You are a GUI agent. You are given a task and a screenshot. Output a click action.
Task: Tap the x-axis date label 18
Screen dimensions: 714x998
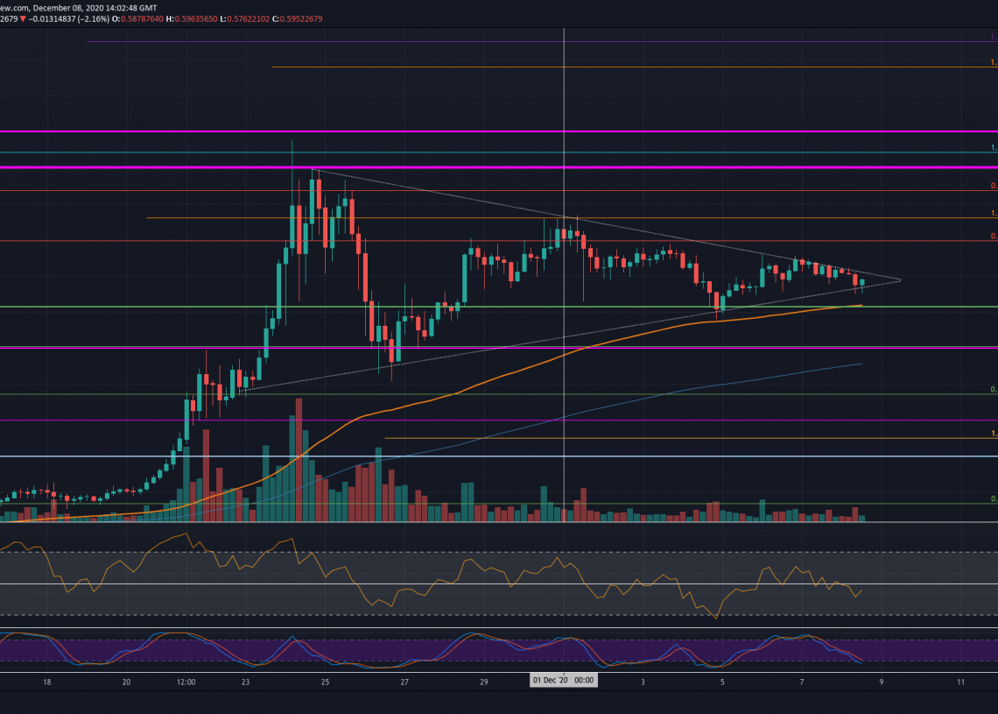[x=47, y=682]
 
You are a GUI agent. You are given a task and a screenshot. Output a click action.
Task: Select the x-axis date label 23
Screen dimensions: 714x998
[x=246, y=682]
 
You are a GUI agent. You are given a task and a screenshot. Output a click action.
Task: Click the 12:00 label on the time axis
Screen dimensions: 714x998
[x=186, y=682]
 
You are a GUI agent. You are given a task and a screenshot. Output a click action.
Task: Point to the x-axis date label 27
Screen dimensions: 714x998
[x=404, y=682]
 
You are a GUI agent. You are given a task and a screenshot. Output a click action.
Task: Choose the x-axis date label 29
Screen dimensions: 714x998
[x=484, y=682]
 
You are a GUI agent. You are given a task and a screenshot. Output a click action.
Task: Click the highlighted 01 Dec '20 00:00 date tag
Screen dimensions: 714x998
[x=564, y=681]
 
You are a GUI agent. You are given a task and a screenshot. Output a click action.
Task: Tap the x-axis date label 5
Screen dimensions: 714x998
[x=722, y=682]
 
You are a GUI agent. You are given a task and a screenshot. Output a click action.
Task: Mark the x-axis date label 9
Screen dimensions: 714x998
[x=882, y=682]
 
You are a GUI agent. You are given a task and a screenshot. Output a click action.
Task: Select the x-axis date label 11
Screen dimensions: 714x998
[x=961, y=682]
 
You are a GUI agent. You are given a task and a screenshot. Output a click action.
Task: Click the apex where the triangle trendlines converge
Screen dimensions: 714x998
[x=901, y=280]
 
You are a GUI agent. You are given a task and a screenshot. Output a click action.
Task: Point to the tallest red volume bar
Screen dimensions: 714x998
[x=299, y=460]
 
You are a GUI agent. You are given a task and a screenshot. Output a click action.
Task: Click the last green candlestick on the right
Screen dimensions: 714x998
[x=862, y=282]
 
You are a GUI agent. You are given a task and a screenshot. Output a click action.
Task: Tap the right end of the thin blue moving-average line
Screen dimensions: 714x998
[x=862, y=364]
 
